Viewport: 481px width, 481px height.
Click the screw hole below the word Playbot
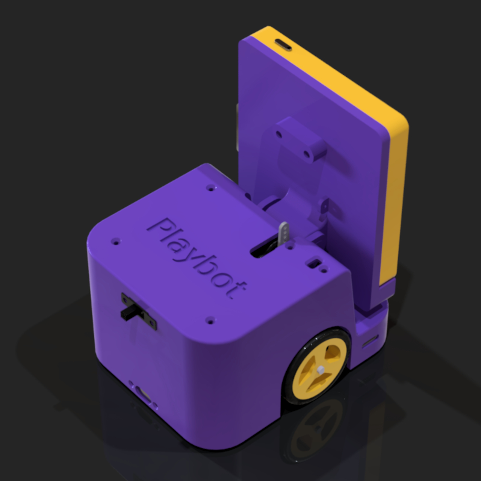(x=210, y=321)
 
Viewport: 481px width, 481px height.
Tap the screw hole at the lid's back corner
(x=210, y=187)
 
